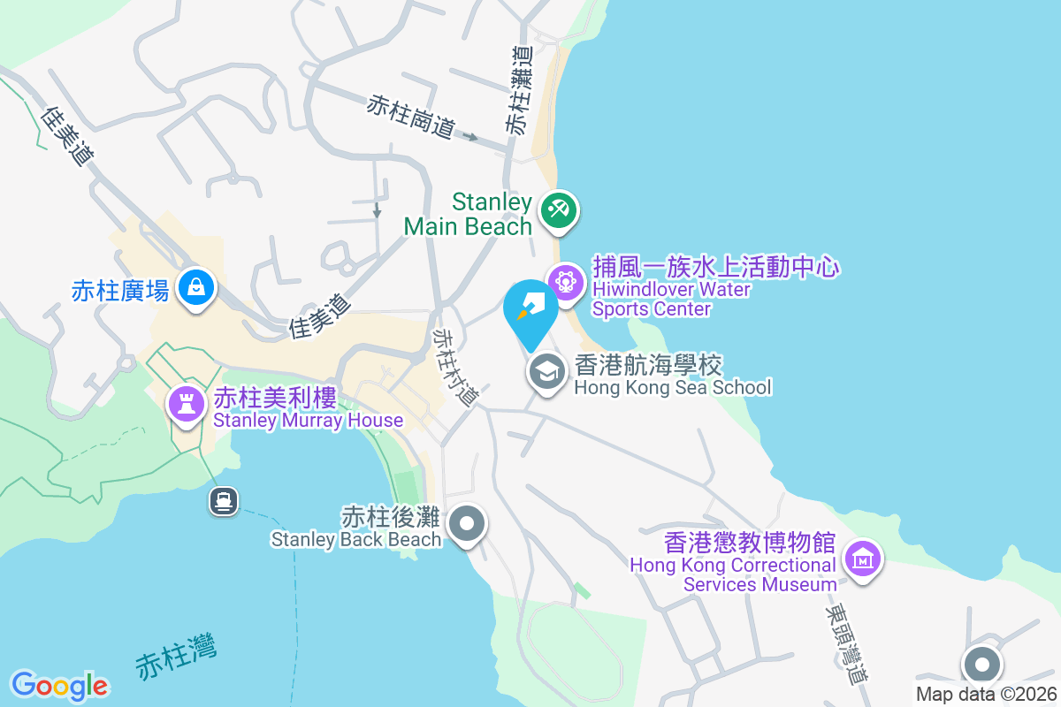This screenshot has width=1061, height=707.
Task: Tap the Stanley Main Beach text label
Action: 468,215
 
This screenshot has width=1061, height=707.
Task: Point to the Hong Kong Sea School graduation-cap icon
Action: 547,371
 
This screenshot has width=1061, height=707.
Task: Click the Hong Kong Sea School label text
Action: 673,376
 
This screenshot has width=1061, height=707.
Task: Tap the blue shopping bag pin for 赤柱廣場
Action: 195,287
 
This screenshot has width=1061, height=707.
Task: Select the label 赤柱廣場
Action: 120,291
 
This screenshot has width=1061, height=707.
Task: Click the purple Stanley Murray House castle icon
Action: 186,405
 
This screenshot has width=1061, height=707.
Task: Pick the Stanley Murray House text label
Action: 308,409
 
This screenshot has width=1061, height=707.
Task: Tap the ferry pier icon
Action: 223,502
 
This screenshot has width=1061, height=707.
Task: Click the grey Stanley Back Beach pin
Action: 467,523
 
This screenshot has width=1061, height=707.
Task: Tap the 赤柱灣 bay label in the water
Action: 176,659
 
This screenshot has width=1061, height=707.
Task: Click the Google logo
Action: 59,686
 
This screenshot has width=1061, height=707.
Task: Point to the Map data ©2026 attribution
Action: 986,695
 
